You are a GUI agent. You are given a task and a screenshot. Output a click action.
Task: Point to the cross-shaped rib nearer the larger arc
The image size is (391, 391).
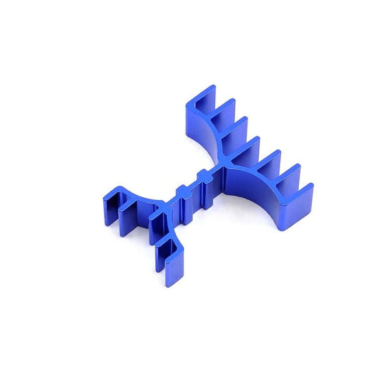point(202,178)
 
